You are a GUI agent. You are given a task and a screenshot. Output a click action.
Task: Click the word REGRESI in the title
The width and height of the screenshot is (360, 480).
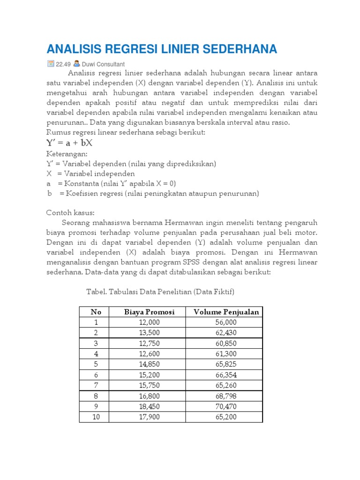coord(138,49)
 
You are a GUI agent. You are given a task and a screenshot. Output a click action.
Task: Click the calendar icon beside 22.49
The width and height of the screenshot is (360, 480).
coord(50,64)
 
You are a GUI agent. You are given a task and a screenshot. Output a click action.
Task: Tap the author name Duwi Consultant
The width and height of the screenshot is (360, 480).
coord(103,64)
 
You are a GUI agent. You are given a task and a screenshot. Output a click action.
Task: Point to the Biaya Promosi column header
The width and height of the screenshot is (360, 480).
coord(149,312)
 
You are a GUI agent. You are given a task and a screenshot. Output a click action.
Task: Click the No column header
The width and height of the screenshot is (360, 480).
coord(96,312)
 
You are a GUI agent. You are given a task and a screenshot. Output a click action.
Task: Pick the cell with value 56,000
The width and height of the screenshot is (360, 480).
coord(226,322)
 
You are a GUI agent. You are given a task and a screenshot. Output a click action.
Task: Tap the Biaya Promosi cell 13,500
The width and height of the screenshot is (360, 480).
coord(150,333)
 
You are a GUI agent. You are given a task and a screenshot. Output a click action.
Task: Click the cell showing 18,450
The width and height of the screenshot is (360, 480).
coord(150,406)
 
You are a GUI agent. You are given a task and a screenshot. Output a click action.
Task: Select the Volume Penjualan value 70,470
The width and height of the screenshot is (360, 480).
coord(226,406)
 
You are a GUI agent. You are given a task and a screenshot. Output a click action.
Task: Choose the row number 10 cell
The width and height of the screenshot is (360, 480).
coord(96,417)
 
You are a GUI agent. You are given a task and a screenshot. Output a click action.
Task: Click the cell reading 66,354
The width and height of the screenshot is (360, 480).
coord(226,375)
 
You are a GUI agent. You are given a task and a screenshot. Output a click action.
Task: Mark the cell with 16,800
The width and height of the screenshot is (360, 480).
coord(150,396)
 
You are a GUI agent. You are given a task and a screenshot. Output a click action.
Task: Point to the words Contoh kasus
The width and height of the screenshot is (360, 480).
coord(70,212)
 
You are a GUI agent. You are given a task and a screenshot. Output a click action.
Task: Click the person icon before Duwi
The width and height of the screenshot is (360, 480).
coord(76,64)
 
